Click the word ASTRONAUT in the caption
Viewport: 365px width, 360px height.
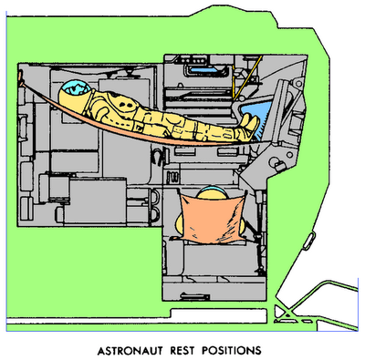tap(137, 348)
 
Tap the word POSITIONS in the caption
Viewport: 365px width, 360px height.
tap(236, 348)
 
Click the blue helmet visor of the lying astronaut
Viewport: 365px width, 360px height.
tap(76, 90)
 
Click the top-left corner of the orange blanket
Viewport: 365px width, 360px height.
tap(182, 194)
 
